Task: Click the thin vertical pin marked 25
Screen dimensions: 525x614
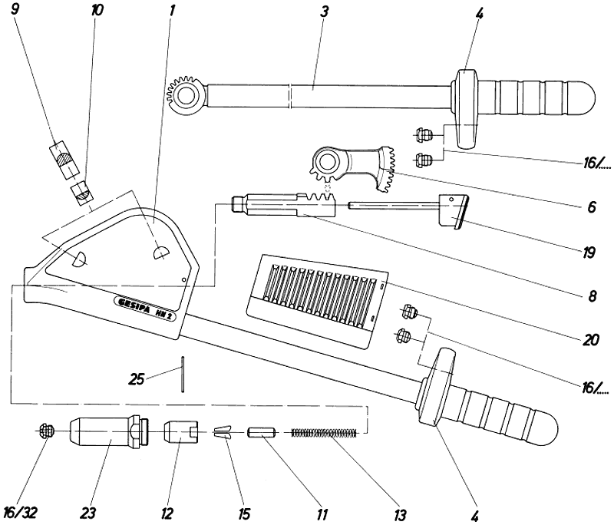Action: (183, 374)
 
